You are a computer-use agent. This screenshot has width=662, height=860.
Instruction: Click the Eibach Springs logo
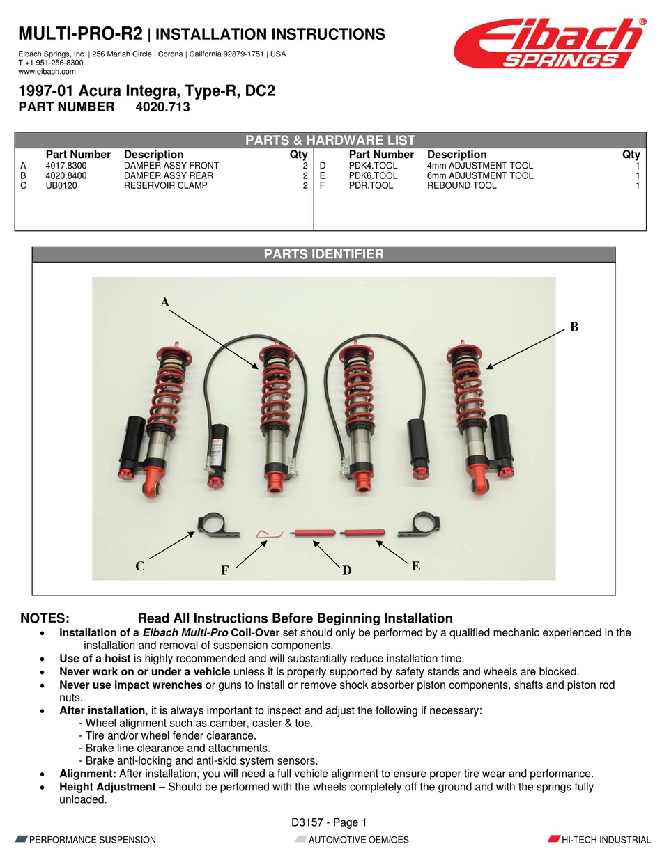tap(549, 43)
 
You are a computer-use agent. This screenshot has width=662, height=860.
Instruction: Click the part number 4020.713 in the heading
tap(162, 107)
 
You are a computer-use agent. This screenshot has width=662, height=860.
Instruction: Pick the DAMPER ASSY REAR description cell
tap(168, 175)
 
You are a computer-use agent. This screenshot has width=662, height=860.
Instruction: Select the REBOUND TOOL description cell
tap(461, 185)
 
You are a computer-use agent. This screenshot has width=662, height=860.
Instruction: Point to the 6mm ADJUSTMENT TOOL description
tap(479, 175)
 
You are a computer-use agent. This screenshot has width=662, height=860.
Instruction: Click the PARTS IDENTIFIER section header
tap(323, 254)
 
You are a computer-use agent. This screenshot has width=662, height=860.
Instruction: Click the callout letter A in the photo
tap(165, 302)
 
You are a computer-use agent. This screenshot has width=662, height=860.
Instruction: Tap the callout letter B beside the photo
tap(574, 326)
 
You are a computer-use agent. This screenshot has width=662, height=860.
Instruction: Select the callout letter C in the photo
tap(140, 566)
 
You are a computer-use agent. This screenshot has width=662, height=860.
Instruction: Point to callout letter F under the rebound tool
tap(224, 570)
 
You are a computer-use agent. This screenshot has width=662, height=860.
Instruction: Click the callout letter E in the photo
tap(415, 566)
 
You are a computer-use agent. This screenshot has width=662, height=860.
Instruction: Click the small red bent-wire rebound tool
tap(268, 533)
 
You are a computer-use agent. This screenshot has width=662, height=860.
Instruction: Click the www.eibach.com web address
tap(47, 72)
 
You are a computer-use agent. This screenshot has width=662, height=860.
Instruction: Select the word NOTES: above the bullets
tap(45, 618)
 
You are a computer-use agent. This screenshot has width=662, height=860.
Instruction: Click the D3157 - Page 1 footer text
tap(329, 822)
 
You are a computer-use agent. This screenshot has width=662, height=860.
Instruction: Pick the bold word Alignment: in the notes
tap(88, 774)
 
